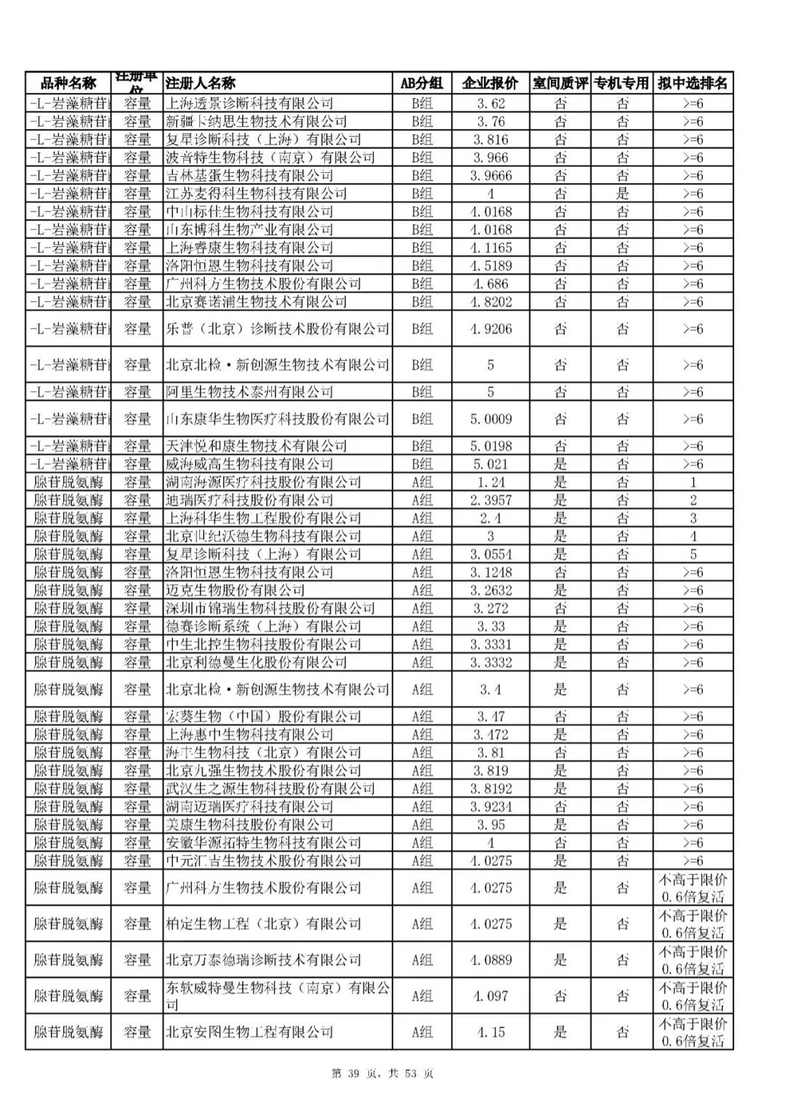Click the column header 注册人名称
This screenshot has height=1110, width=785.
[201, 83]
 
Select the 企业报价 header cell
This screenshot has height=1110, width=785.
[491, 83]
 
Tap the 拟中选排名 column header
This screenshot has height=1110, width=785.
[693, 83]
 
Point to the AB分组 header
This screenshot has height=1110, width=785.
[422, 83]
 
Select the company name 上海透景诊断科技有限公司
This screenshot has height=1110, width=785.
[249, 103]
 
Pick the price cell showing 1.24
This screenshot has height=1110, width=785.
[491, 482]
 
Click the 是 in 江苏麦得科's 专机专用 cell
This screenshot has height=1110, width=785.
[623, 193]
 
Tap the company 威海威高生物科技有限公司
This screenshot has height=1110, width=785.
[249, 463]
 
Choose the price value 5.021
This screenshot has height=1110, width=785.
[491, 463]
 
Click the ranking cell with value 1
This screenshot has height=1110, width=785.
[693, 482]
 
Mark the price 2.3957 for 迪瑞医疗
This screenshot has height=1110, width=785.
[491, 500]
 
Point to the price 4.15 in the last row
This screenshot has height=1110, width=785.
[491, 1032]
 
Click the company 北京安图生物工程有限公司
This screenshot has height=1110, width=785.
[249, 1032]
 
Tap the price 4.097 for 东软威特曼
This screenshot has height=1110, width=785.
[491, 996]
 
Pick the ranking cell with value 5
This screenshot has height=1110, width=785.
[693, 554]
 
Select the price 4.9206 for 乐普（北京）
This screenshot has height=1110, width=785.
[491, 328]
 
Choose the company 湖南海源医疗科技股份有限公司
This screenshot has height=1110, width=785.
[263, 482]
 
